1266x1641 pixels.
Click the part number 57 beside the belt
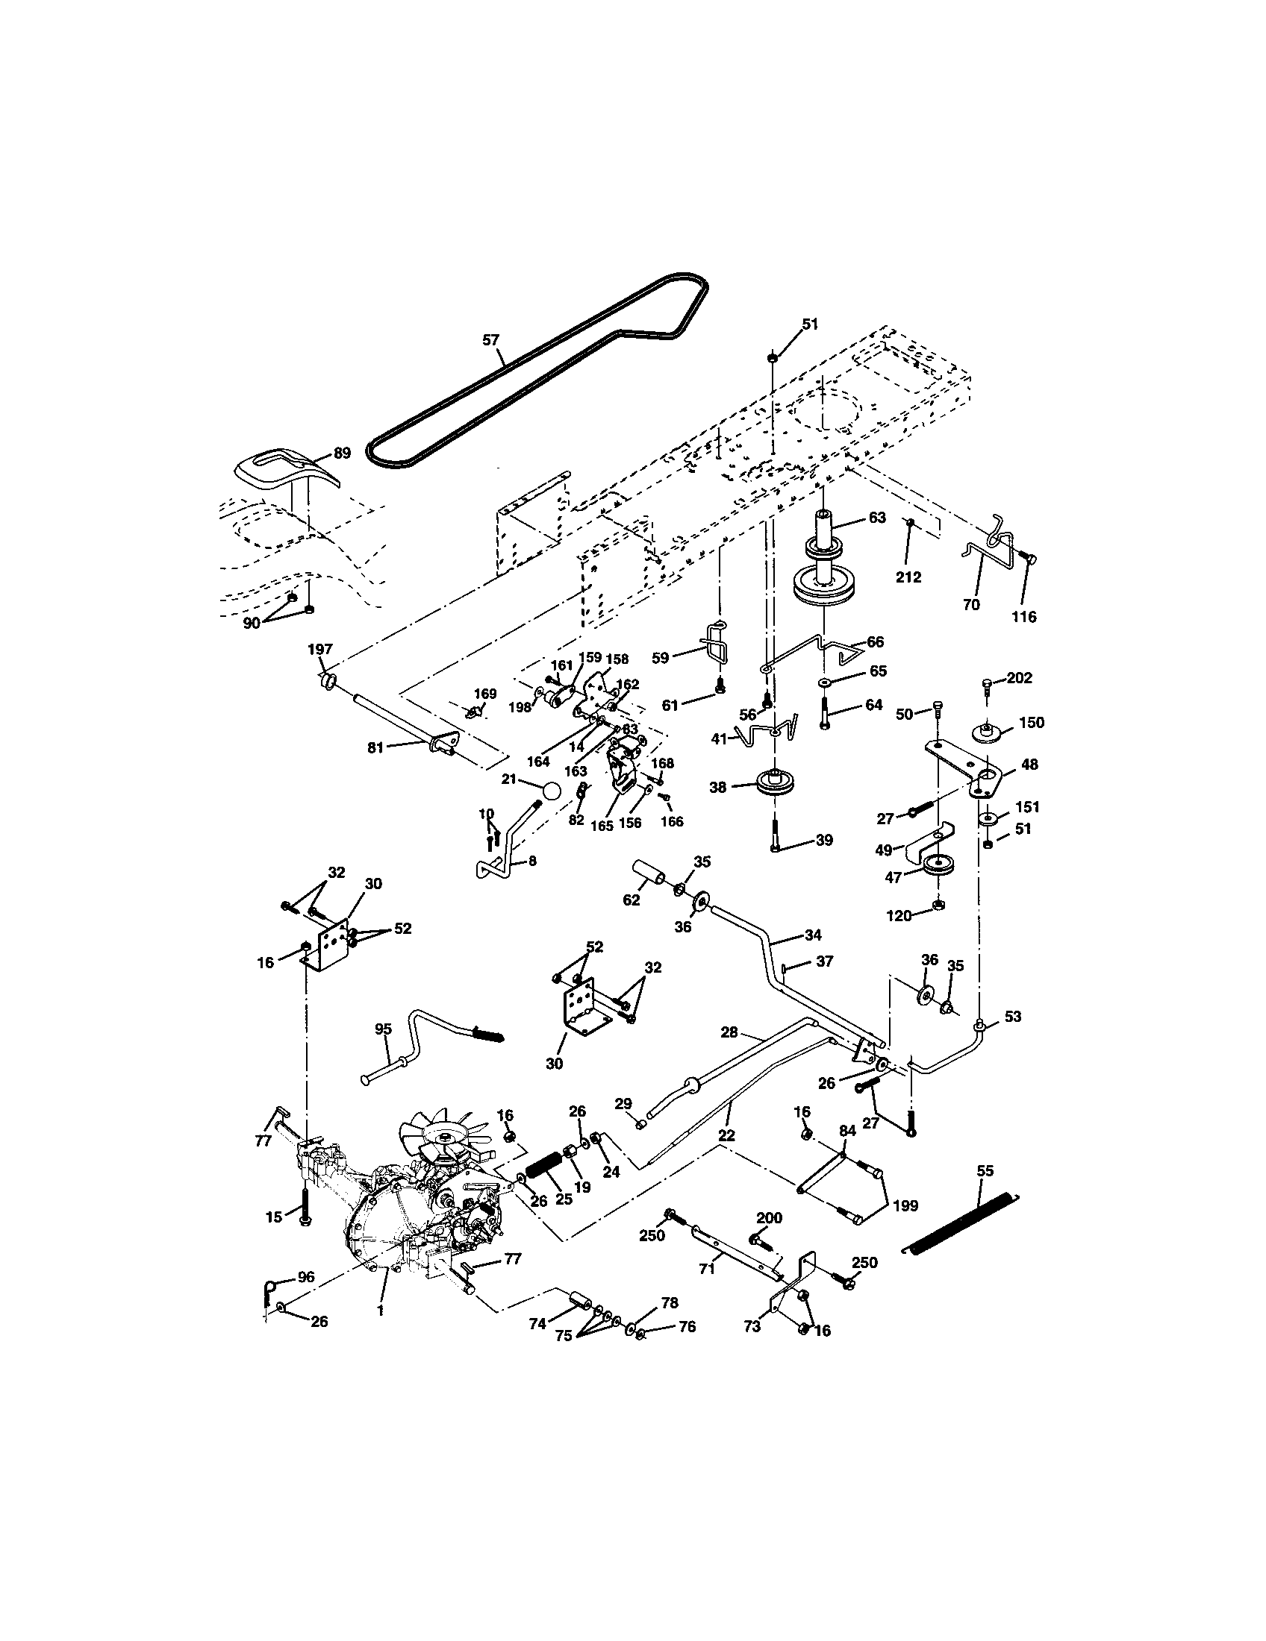coord(490,339)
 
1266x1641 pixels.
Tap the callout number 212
coord(908,577)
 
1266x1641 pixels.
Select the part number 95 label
coord(384,1029)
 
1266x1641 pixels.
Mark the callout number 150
coord(1032,722)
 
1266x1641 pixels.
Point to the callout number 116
coord(1024,617)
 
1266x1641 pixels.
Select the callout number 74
coord(537,1325)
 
